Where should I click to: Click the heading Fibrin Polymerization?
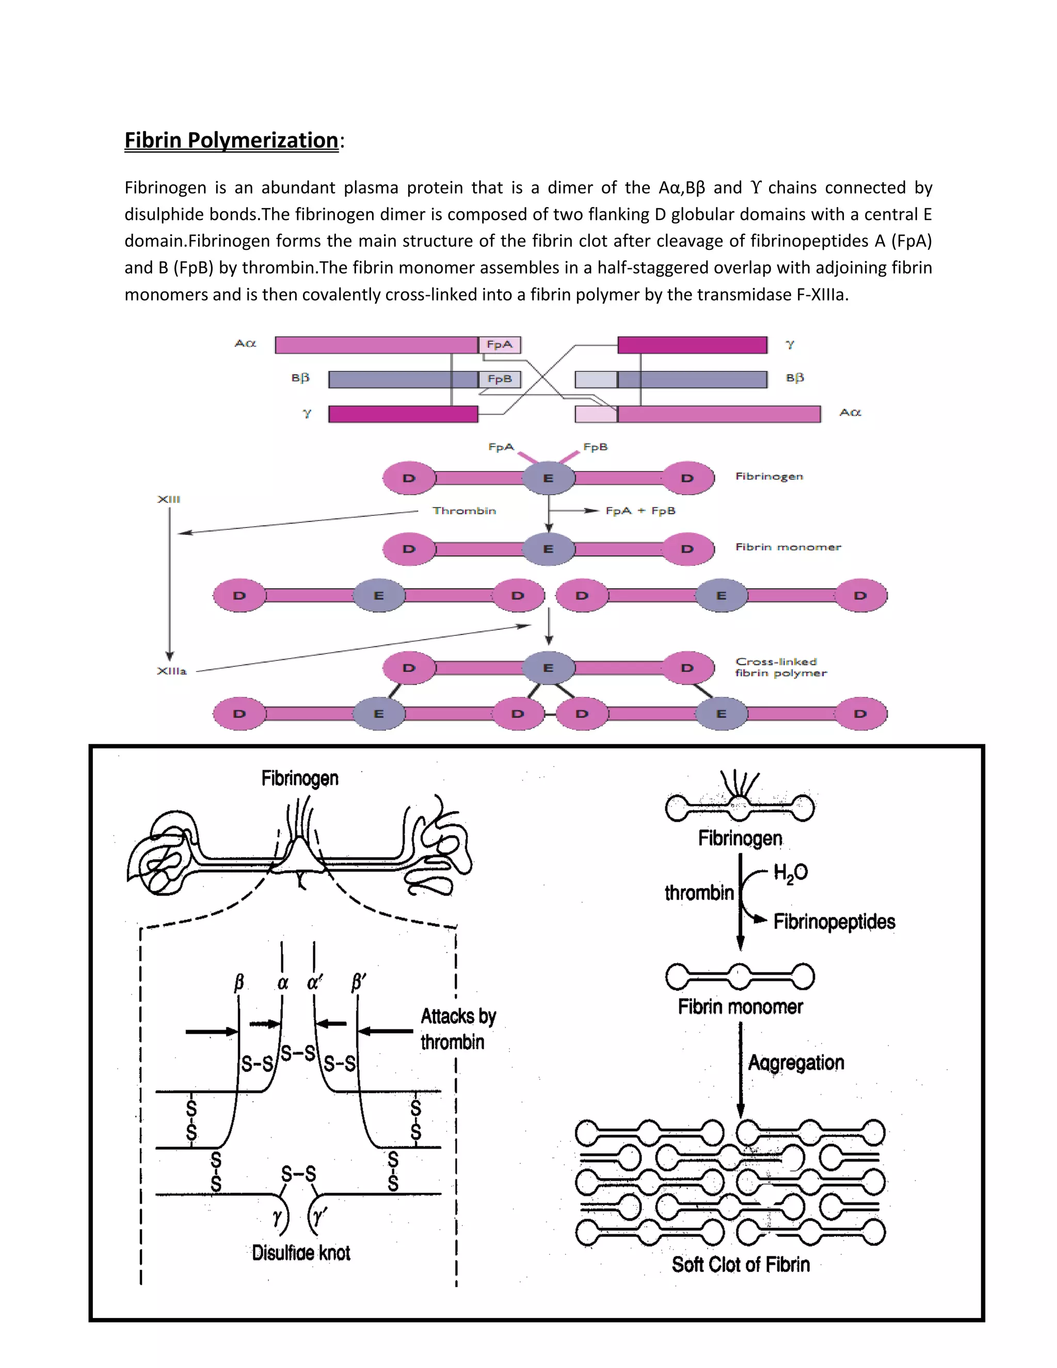click(231, 140)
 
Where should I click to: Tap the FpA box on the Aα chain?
click(499, 344)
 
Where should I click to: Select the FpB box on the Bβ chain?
click(499, 379)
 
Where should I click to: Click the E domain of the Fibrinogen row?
click(548, 479)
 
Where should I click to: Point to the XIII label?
click(168, 499)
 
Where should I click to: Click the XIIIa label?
click(171, 671)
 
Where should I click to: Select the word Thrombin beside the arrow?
click(464, 511)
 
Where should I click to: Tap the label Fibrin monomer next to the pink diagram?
click(788, 547)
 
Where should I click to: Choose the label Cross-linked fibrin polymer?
click(780, 667)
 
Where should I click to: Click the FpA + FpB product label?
click(640, 511)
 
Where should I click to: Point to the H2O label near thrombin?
click(790, 872)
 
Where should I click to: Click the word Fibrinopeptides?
click(834, 922)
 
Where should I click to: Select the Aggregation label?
click(796, 1063)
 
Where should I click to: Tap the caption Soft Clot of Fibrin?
click(740, 1265)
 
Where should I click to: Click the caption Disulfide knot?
click(300, 1253)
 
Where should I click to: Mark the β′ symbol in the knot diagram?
click(358, 982)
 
